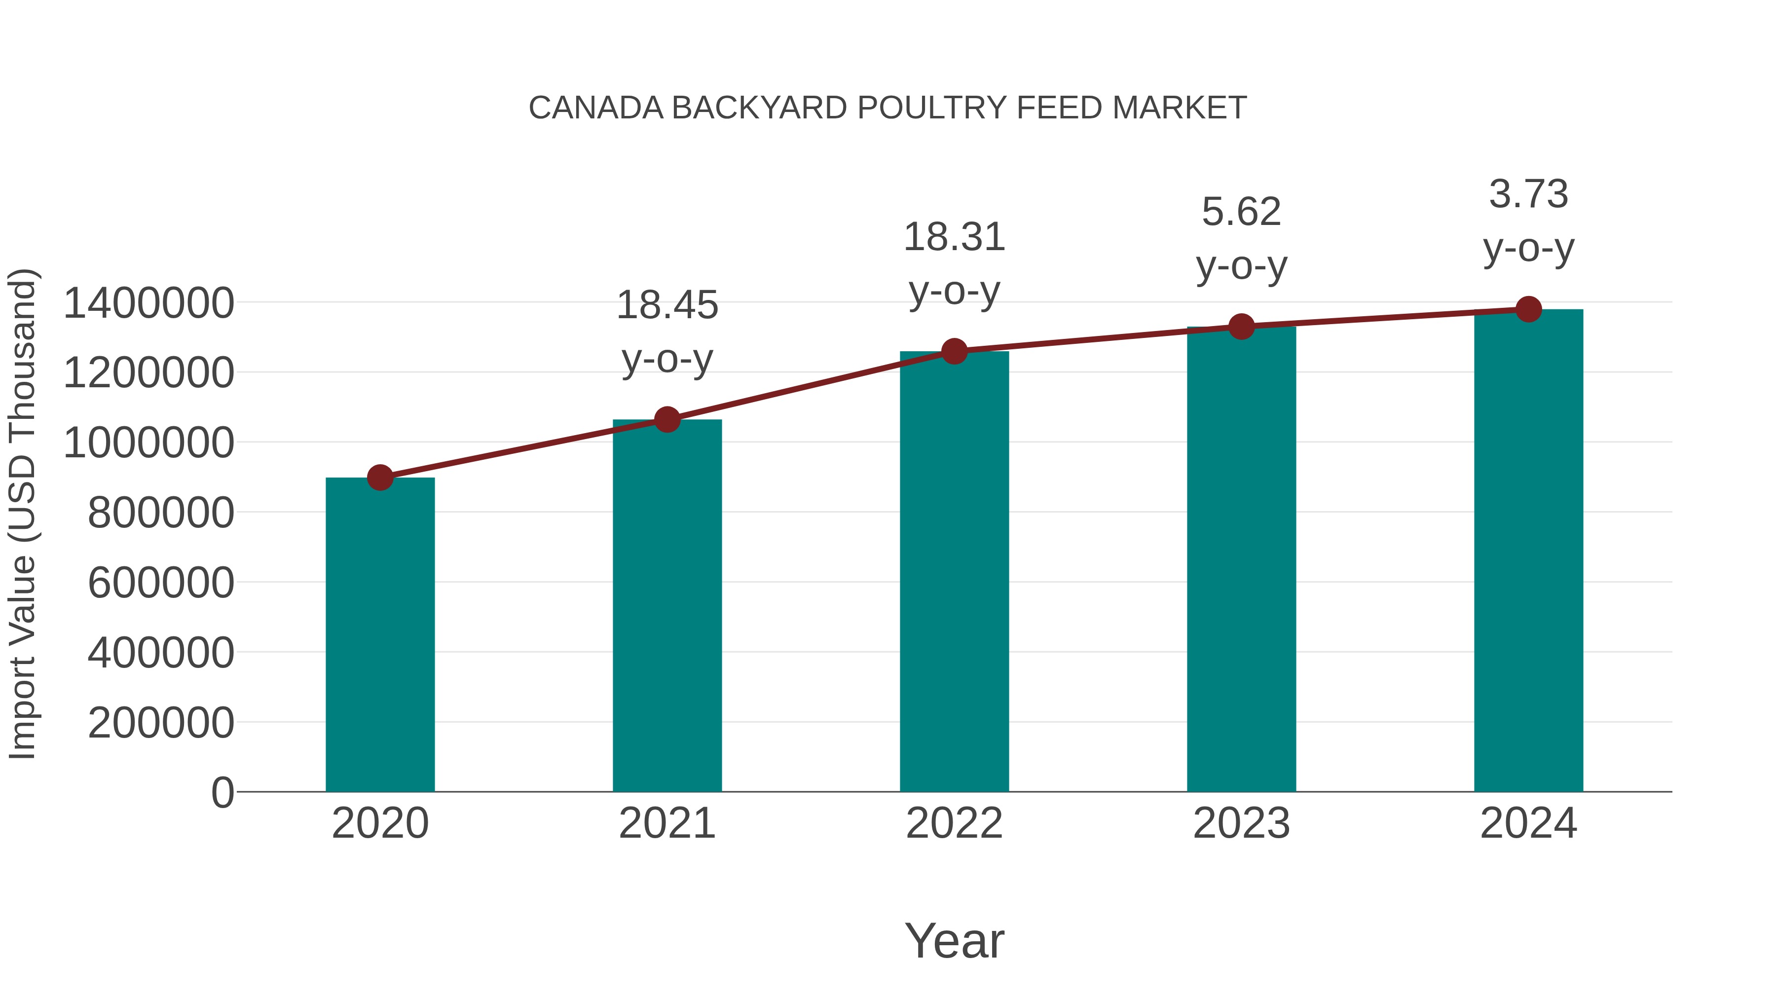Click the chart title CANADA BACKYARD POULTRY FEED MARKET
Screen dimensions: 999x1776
tap(888, 108)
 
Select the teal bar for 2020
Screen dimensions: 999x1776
tap(380, 634)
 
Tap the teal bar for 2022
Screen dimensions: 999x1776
tap(954, 572)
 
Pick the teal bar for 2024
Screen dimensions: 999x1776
tap(1528, 552)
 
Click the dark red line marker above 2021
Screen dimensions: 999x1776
tap(666, 419)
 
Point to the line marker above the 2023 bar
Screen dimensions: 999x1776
tap(1241, 327)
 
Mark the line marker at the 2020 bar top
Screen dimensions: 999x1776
tap(380, 477)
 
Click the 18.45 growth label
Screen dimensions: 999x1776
tap(666, 305)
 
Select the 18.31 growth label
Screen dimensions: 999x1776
tap(954, 238)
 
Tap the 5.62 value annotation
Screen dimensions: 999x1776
tap(1241, 212)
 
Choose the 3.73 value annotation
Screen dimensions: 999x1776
tap(1528, 194)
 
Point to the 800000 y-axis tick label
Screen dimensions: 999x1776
tap(161, 513)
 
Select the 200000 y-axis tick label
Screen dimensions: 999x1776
tap(161, 723)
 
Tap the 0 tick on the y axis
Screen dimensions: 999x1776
tap(222, 793)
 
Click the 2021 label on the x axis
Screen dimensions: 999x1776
tap(666, 824)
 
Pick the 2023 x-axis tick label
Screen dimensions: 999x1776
tap(1241, 824)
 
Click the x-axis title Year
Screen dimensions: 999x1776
tap(954, 941)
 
